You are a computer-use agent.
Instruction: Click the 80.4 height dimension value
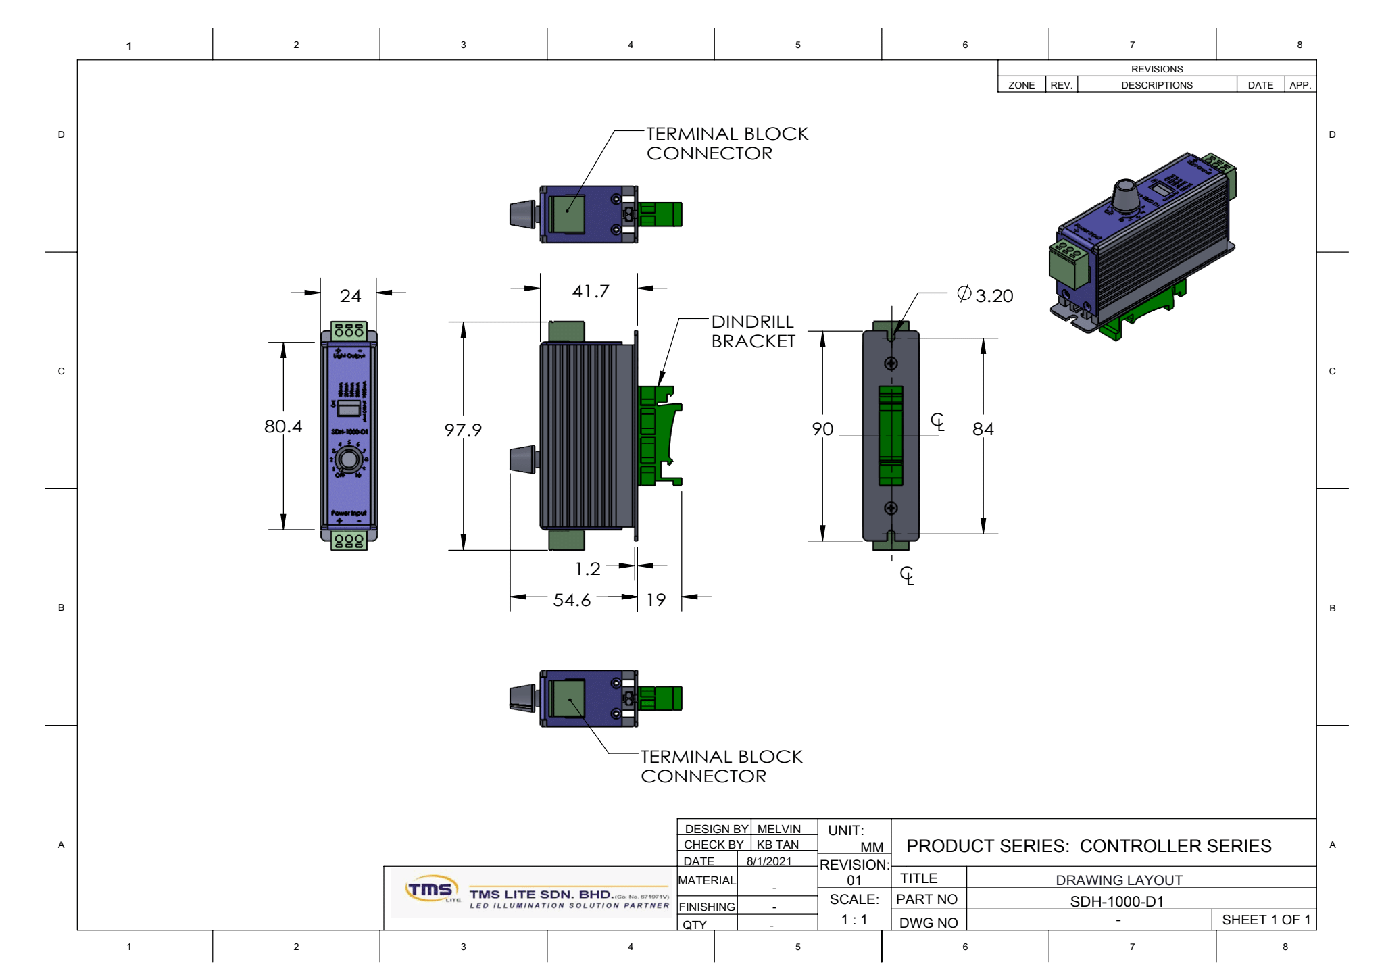282,426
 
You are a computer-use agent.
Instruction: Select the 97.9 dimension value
463,430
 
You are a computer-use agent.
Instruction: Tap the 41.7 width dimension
590,291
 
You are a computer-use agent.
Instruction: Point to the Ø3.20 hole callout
985,295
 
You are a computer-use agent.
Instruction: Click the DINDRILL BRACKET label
753,331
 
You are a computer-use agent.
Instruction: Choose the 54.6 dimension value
572,600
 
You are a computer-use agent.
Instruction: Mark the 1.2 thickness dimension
587,569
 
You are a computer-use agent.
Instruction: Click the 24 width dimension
350,296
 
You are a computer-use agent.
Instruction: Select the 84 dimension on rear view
983,429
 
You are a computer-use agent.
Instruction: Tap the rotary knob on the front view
349,459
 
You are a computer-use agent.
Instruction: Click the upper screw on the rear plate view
891,363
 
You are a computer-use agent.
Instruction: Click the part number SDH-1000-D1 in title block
1116,901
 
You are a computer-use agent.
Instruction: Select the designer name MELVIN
778,829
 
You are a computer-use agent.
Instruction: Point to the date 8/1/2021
769,861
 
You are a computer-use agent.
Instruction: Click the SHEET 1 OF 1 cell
1265,920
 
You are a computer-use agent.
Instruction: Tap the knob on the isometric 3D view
1125,195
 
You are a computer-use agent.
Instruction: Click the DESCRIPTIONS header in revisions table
1156,85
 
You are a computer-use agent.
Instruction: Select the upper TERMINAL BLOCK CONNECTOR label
726,143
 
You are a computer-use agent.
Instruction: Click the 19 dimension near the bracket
656,600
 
